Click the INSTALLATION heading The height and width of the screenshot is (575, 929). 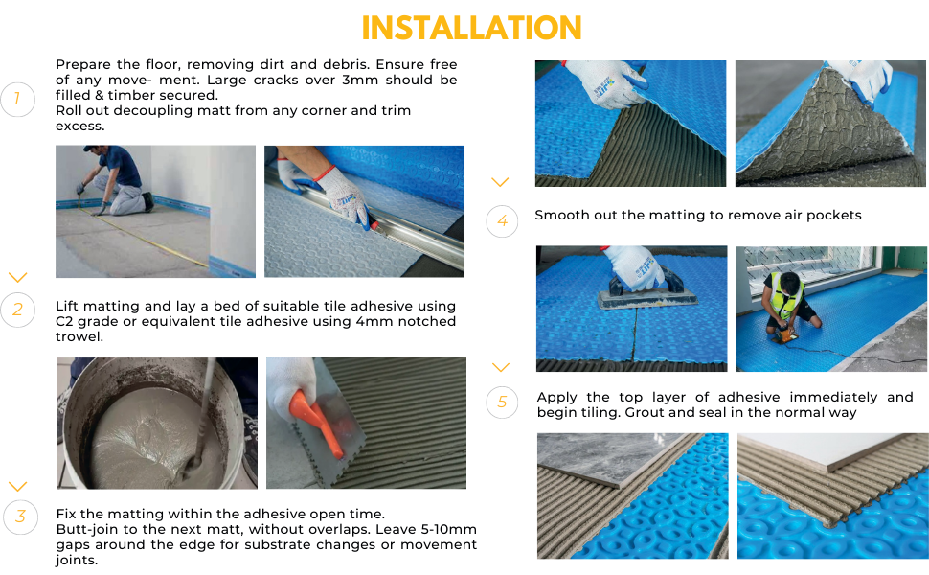tap(471, 28)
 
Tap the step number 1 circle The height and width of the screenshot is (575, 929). tap(17, 99)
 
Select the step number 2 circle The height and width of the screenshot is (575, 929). tap(17, 309)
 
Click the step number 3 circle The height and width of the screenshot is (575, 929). tap(19, 517)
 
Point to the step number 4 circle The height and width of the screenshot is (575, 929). tap(502, 221)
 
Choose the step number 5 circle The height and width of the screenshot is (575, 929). tap(502, 402)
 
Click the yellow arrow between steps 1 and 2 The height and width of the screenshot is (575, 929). tap(17, 277)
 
